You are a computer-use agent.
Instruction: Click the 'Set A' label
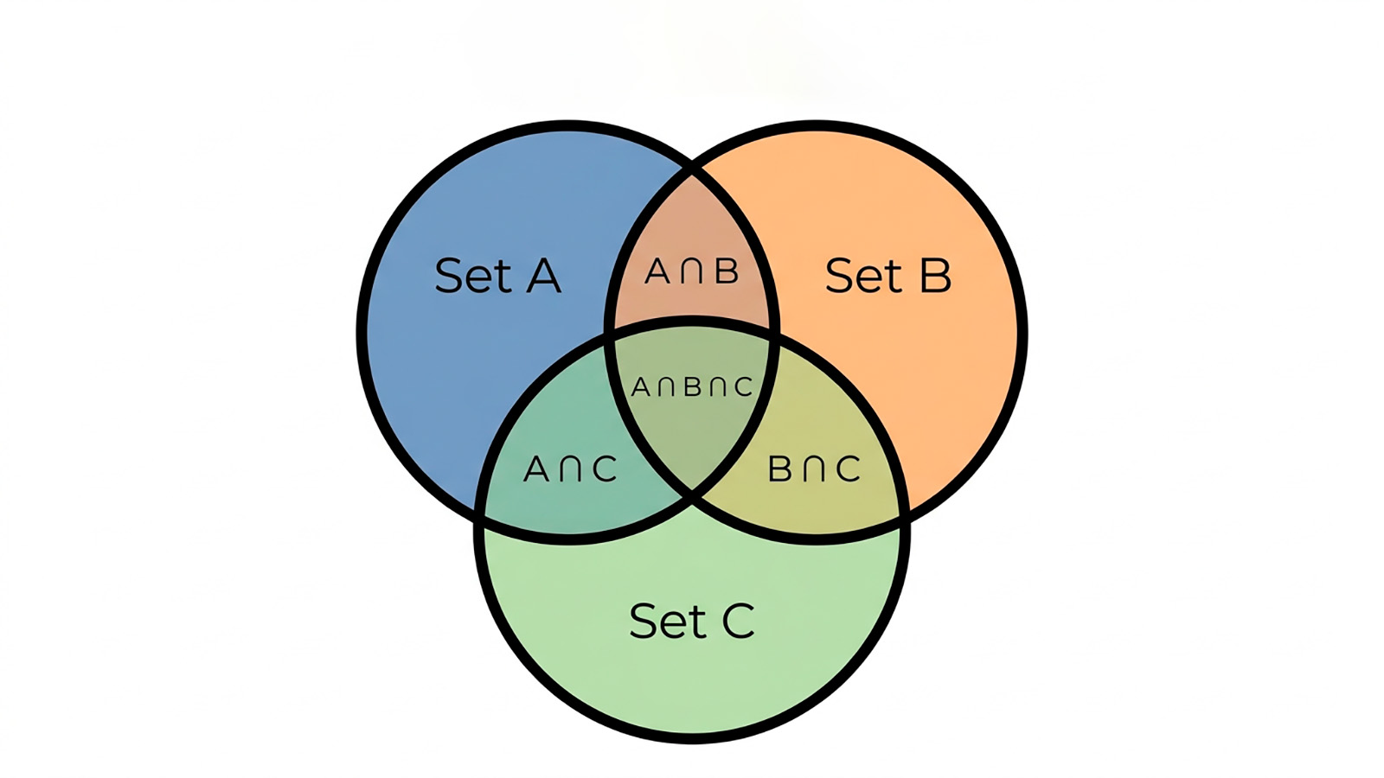(x=498, y=276)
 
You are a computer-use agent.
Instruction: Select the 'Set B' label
(x=888, y=276)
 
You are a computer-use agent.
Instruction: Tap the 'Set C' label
(x=692, y=621)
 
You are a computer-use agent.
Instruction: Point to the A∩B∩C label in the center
(x=692, y=387)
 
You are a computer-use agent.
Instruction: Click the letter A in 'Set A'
(x=544, y=276)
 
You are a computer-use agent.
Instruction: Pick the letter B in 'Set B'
(x=935, y=276)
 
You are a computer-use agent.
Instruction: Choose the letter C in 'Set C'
(x=739, y=622)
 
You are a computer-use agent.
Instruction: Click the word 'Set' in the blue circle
(x=474, y=276)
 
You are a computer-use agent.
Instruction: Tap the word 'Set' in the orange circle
(x=865, y=276)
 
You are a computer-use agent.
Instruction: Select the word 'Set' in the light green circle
(x=669, y=621)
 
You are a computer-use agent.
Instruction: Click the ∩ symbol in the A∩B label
(x=692, y=271)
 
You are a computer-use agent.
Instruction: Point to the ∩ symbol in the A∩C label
(x=570, y=469)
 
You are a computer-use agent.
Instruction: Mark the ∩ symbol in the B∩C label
(x=814, y=469)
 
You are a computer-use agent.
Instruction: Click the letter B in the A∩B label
(x=727, y=271)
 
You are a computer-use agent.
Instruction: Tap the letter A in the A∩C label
(x=535, y=469)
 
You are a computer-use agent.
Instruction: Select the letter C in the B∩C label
(x=848, y=469)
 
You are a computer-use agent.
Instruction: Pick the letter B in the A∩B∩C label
(x=693, y=387)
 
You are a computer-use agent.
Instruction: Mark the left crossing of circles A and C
(x=480, y=515)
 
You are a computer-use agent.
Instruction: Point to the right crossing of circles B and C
(x=905, y=515)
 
